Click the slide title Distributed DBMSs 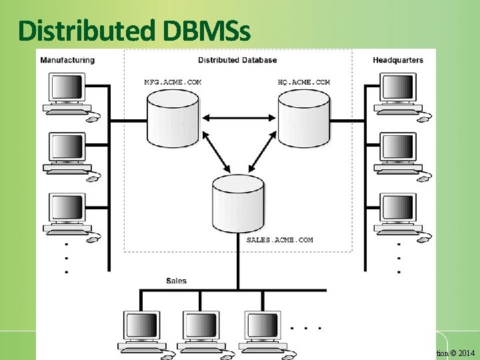135,30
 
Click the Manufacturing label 67,60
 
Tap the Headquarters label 397,60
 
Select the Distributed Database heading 237,60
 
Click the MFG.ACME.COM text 173,82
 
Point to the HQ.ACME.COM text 303,82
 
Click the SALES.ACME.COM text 279,239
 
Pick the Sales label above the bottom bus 176,281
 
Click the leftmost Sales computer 142,331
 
